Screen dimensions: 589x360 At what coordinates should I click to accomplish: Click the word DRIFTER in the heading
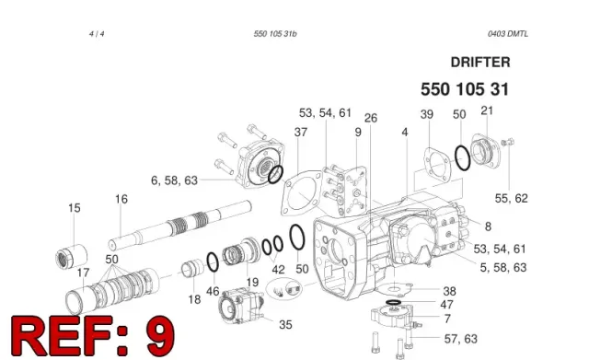(480, 63)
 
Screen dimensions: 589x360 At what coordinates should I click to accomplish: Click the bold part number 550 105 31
(465, 89)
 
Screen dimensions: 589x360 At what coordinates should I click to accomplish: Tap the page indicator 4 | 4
(97, 34)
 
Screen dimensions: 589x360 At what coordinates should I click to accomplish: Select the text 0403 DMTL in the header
(508, 34)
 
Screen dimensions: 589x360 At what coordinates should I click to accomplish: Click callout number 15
(75, 208)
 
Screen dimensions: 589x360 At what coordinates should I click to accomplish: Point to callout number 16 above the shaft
(121, 199)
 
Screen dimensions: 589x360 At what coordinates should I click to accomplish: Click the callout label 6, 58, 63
(174, 180)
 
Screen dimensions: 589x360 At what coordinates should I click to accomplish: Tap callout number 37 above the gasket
(301, 132)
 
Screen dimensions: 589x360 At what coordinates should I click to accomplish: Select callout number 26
(371, 118)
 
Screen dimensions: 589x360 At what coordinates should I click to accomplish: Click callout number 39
(427, 114)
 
